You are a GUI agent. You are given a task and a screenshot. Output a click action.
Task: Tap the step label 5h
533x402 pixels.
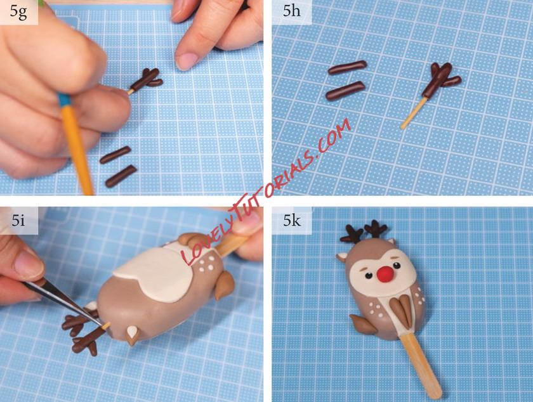click(x=291, y=11)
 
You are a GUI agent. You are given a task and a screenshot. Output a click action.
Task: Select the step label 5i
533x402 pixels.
click(x=18, y=221)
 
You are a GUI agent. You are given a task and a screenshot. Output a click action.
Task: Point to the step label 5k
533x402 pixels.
click(x=292, y=221)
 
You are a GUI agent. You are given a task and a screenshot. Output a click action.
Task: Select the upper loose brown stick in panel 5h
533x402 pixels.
click(x=347, y=67)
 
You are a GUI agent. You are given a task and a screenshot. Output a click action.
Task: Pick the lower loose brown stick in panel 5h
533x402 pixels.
click(x=345, y=91)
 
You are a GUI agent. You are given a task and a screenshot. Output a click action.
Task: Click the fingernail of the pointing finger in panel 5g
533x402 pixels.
click(x=186, y=60)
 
